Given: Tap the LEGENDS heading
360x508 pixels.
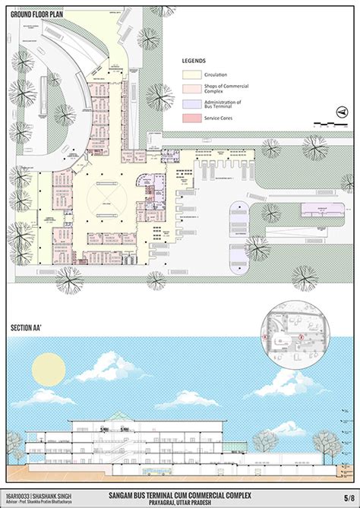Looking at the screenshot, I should click(x=195, y=59).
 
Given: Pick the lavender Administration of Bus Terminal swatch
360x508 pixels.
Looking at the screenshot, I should click(x=191, y=104).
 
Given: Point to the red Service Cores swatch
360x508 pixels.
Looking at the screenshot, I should click(x=191, y=119).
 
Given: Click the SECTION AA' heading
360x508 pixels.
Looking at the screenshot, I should click(x=30, y=328).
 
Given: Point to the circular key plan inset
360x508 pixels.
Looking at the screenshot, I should click(x=292, y=335).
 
